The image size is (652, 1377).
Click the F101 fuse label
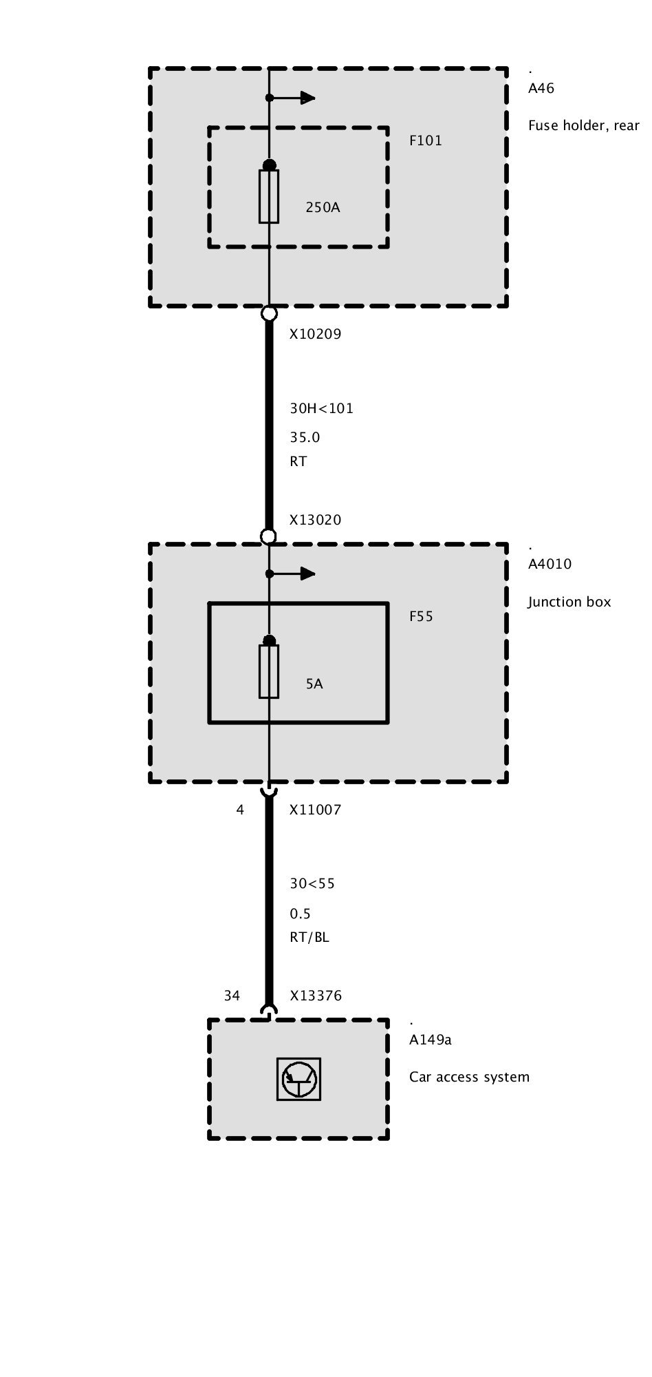426,141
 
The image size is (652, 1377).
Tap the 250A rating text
323,207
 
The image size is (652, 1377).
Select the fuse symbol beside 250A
269,196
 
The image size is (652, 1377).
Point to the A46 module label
541,89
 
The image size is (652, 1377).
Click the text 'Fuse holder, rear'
583,126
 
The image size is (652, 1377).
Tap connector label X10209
315,335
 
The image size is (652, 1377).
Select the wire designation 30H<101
321,408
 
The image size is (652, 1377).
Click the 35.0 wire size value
305,438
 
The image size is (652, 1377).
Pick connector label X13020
315,521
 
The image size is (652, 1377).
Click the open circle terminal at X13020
269,536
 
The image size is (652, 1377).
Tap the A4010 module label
550,565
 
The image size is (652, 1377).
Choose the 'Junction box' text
569,602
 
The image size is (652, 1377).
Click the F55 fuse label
421,617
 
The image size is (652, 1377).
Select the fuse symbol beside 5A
269,671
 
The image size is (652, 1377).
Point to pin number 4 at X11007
240,810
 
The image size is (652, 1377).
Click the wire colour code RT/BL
309,938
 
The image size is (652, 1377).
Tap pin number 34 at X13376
232,996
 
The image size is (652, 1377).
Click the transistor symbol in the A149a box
298,1079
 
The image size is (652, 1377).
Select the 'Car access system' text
469,1078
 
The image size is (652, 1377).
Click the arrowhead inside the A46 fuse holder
307,98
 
